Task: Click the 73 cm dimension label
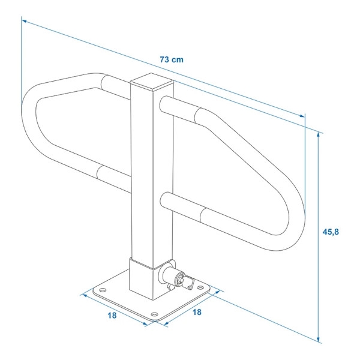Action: [x=172, y=59]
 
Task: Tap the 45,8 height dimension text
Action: [x=331, y=232]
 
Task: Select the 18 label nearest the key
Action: [x=197, y=312]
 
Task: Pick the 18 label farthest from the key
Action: [x=112, y=316]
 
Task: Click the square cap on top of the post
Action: [x=152, y=82]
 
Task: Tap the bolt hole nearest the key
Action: [x=200, y=287]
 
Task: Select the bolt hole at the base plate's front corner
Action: [x=155, y=314]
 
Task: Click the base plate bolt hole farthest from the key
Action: [x=103, y=290]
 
